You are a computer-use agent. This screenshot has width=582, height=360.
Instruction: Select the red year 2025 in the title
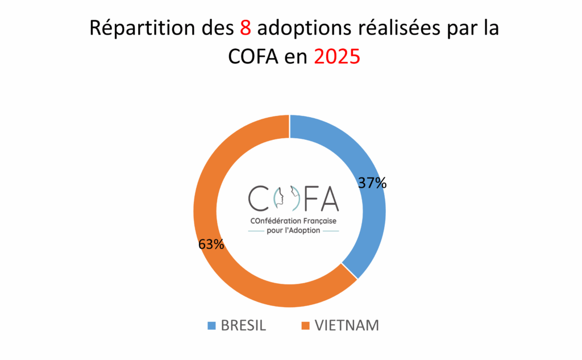(x=337, y=57)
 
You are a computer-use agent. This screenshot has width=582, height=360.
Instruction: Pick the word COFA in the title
(x=254, y=57)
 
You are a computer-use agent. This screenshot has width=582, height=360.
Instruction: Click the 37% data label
(x=372, y=183)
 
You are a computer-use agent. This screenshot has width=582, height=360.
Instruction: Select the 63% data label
(x=211, y=245)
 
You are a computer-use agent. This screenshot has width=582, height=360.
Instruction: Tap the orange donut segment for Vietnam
(x=227, y=267)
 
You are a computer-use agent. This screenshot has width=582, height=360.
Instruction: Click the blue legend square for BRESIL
(x=211, y=326)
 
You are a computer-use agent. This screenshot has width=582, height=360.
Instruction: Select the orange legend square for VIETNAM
(x=305, y=326)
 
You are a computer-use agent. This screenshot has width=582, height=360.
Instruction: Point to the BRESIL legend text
(x=243, y=326)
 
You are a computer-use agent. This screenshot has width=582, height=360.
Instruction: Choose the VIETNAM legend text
(x=346, y=326)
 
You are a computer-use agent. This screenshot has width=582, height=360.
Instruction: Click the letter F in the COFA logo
(x=309, y=197)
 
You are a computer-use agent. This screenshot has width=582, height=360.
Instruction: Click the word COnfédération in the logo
(x=270, y=220)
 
